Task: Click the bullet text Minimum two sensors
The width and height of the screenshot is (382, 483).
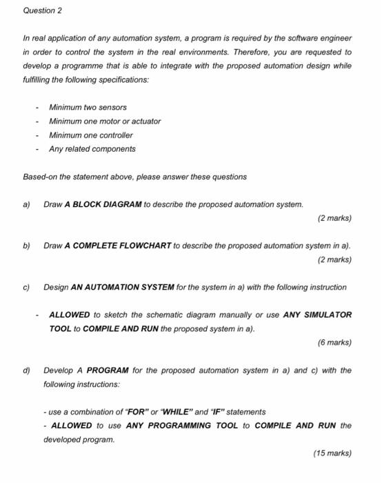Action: tap(88, 108)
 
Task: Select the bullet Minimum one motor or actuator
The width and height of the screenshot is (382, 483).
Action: tap(105, 121)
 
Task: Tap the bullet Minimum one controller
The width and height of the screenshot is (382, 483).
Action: tap(91, 135)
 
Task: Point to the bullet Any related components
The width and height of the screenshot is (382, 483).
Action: tap(92, 149)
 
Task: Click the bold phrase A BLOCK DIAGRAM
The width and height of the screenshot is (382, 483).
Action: tap(103, 205)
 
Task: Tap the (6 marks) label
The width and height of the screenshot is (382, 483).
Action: tap(334, 342)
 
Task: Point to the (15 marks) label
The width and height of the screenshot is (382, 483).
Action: tap(332, 453)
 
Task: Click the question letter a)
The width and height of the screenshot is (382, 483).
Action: tap(27, 205)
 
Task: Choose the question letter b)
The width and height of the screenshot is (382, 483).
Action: tap(27, 246)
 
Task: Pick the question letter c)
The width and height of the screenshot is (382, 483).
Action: tap(27, 287)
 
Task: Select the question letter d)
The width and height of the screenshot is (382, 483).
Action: tap(27, 371)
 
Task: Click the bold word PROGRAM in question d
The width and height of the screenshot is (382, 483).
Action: tap(108, 371)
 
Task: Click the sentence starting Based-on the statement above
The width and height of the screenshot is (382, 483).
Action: tap(134, 177)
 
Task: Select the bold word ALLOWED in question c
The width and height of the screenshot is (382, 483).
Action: tap(70, 315)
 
